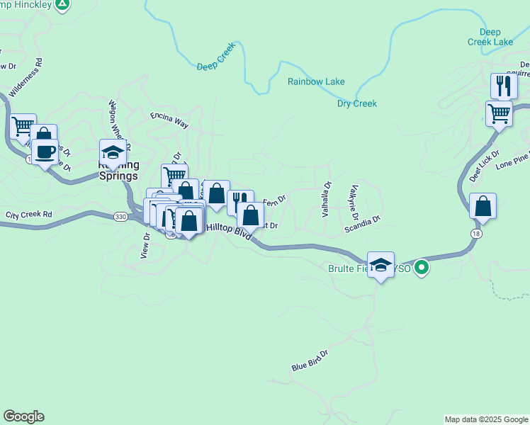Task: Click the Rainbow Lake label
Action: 316,81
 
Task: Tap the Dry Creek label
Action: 356,103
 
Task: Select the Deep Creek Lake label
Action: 490,37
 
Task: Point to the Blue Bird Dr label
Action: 310,361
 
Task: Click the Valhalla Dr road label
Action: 327,199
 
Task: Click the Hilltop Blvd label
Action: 229,228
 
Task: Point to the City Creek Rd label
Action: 29,214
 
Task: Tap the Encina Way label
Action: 169,119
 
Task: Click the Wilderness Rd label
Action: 26,77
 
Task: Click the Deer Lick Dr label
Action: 485,166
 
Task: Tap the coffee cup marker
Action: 45,152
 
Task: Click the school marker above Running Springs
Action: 113,152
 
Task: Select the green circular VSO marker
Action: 422,268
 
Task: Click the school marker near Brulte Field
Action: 381,265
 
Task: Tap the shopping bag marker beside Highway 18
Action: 483,206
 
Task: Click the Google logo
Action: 23,416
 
